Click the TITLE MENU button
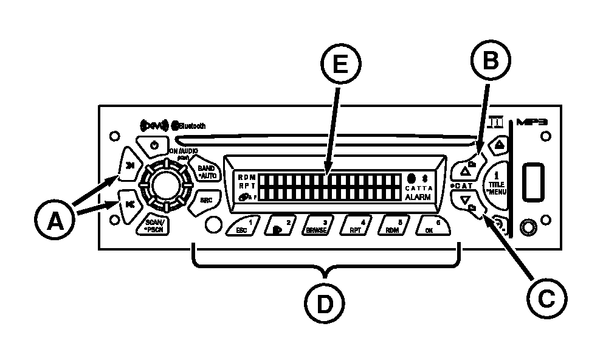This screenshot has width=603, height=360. click(x=497, y=183)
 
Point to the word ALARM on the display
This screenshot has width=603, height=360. click(x=419, y=197)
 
